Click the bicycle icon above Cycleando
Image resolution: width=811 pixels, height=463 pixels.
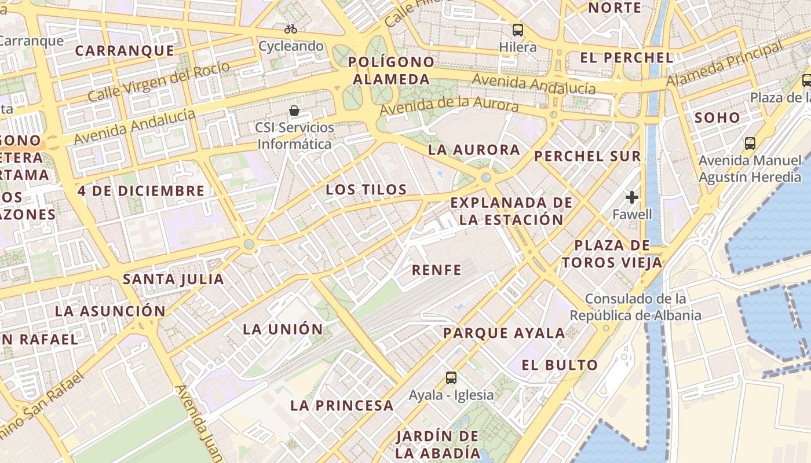(291, 28)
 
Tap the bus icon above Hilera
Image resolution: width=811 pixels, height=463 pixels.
(517, 30)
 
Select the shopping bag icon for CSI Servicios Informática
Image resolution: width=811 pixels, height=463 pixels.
(294, 110)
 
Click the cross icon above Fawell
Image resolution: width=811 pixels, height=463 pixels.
(632, 197)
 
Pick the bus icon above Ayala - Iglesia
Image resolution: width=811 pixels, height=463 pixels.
(451, 378)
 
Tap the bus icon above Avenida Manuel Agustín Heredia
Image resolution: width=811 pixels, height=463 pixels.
(750, 143)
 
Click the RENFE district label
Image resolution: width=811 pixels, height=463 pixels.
(437, 270)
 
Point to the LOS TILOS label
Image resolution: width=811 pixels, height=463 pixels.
(366, 190)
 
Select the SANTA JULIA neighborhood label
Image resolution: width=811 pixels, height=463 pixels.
(173, 280)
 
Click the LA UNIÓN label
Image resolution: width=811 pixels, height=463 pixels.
(283, 329)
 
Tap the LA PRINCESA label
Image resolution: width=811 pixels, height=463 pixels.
(342, 405)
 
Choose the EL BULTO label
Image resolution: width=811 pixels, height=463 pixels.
(559, 365)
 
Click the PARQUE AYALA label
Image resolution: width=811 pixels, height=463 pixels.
(504, 333)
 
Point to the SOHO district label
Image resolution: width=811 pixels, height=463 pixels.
(717, 118)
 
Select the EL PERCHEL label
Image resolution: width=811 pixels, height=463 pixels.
(627, 58)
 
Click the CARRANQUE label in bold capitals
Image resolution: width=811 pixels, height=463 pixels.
(125, 51)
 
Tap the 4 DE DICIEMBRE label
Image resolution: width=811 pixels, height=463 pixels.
(141, 191)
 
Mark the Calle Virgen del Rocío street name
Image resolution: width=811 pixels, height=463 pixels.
(159, 81)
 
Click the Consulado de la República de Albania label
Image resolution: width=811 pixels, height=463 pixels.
(635, 307)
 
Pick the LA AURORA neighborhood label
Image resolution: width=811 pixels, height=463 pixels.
(474, 150)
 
